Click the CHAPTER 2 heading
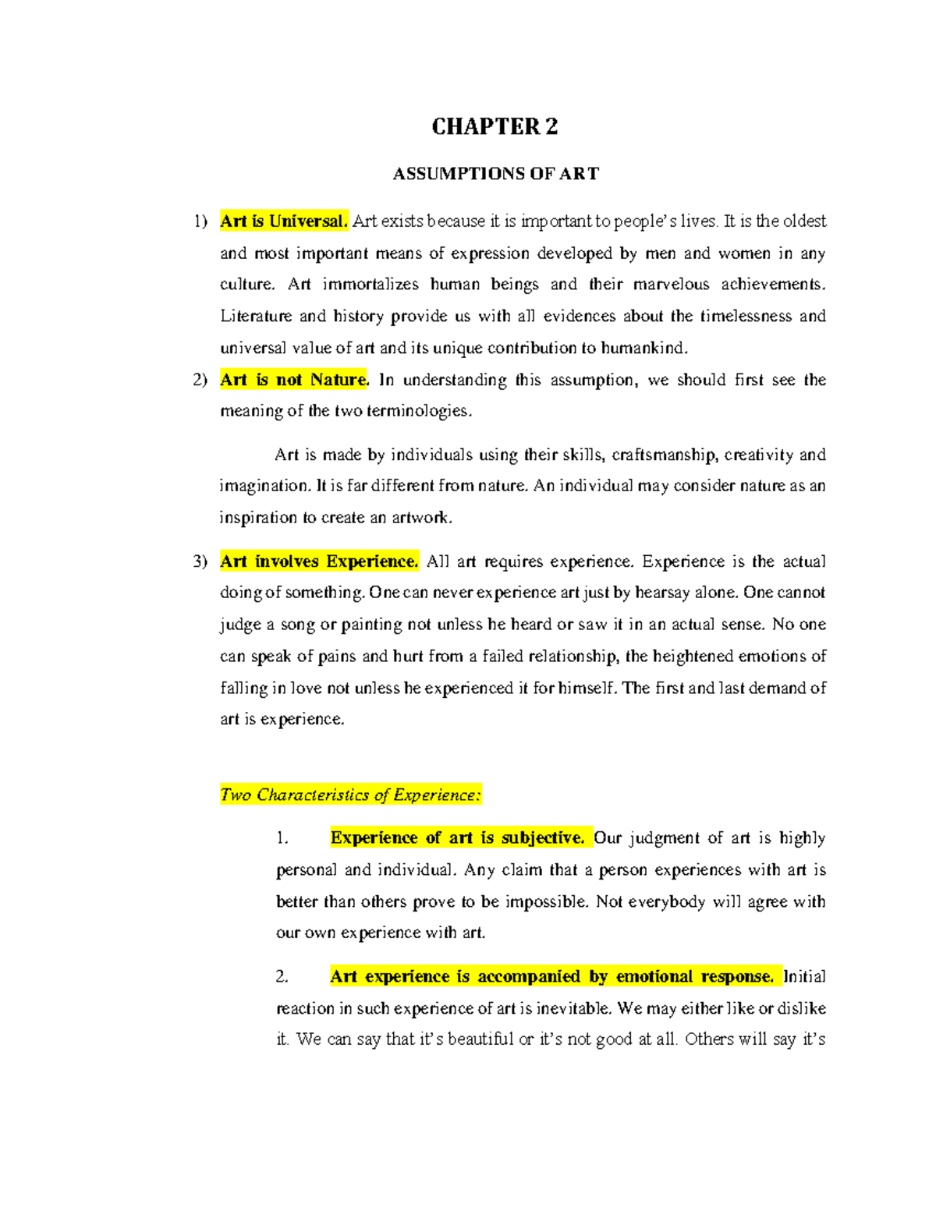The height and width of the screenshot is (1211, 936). click(495, 127)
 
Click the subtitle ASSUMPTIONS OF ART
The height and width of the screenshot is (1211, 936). click(495, 174)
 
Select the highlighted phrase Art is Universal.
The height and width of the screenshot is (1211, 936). click(283, 221)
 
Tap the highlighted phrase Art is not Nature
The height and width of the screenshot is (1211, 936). click(293, 380)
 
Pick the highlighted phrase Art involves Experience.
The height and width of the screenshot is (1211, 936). click(319, 561)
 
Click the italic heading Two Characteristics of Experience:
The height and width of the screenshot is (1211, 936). click(350, 795)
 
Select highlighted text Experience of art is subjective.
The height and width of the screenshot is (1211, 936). click(457, 838)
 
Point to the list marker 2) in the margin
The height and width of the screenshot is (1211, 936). click(200, 381)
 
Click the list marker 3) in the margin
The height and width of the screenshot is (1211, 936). click(200, 562)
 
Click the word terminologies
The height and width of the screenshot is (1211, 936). click(428, 412)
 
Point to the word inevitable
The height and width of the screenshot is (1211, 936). click(573, 1009)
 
